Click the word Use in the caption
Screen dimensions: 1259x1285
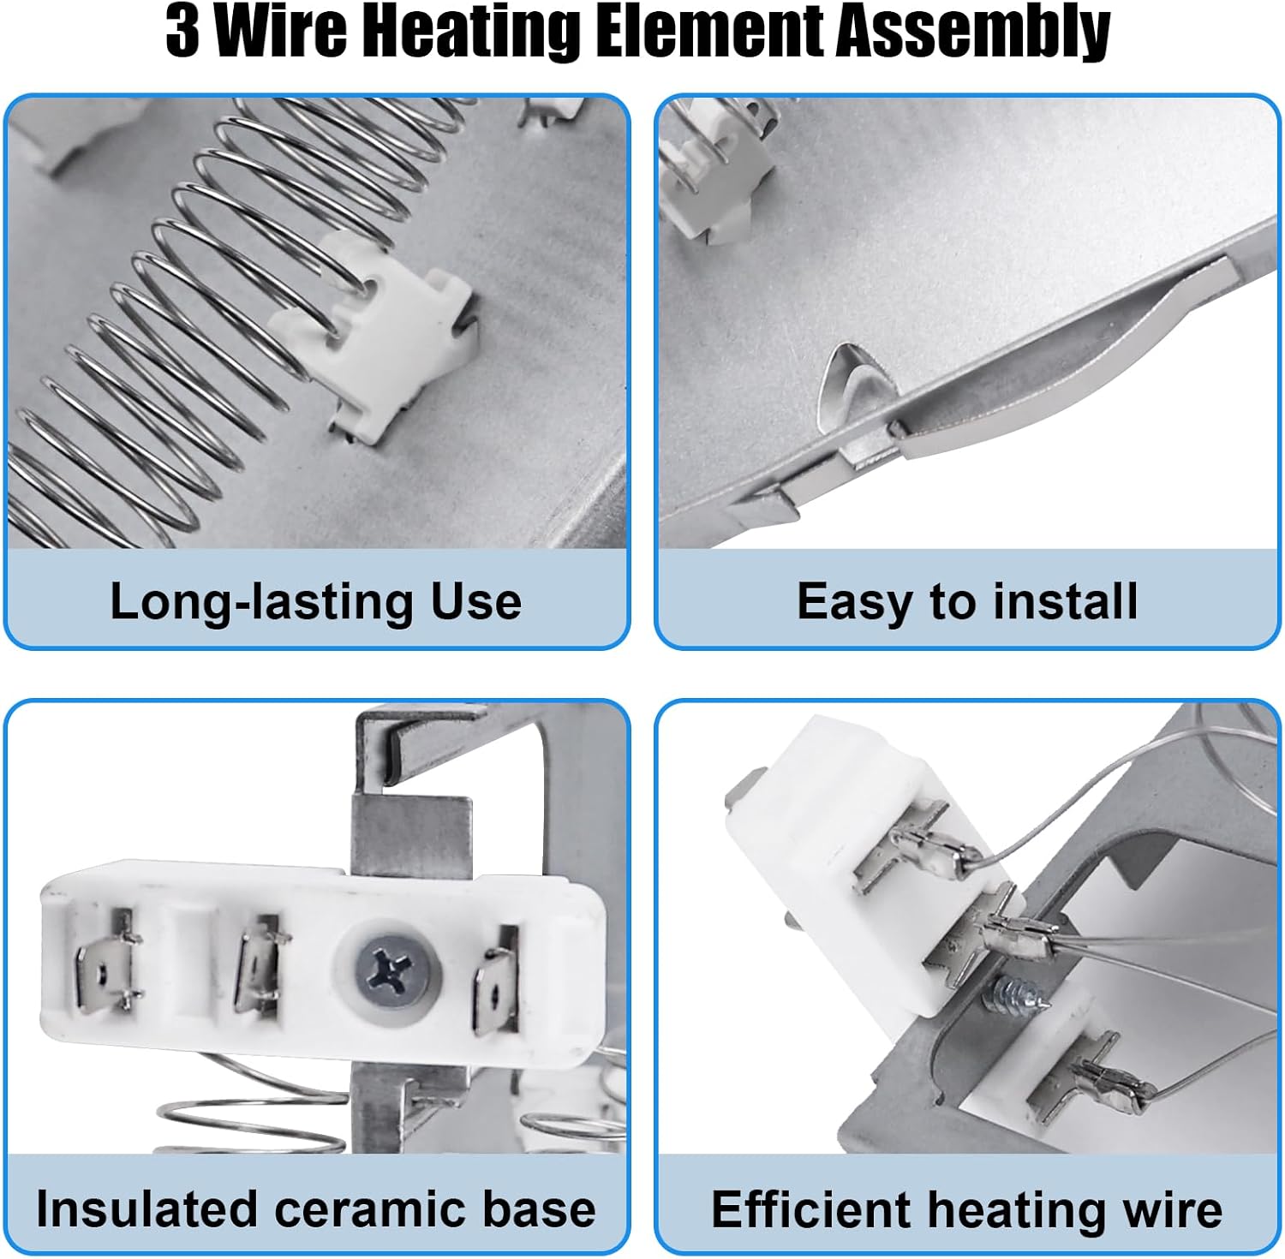pyautogui.click(x=476, y=601)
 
